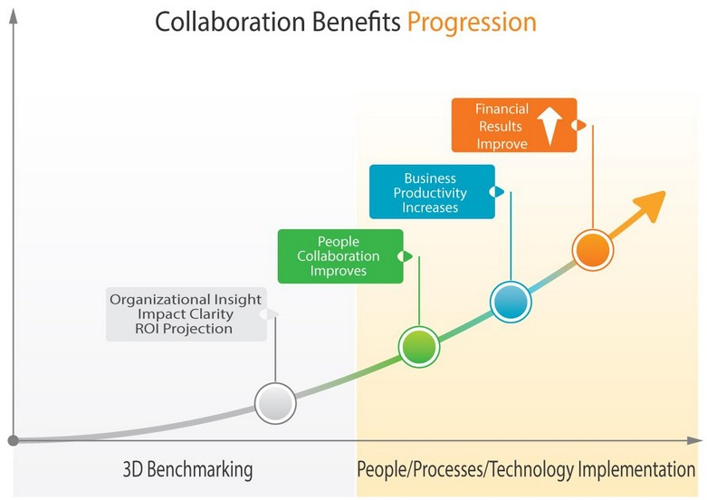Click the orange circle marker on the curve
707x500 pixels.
(593, 250)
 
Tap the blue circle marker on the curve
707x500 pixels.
(511, 302)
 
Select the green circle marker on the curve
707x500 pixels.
(419, 347)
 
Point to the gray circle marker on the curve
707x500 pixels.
(275, 403)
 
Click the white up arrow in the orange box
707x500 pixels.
(549, 126)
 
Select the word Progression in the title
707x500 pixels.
(472, 23)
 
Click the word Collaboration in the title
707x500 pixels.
(230, 22)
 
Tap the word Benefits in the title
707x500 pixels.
(356, 22)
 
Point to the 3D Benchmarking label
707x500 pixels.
(187, 469)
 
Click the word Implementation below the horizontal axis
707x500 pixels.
(636, 469)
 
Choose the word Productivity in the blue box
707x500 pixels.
(430, 193)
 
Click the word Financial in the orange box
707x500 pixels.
(502, 109)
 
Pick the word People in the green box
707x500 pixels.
(339, 242)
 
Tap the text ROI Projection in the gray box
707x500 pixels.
(184, 329)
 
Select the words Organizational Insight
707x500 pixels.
(186, 300)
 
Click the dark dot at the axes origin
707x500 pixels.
(14, 440)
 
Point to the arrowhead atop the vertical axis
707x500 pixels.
(14, 16)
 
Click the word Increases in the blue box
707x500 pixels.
(430, 207)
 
